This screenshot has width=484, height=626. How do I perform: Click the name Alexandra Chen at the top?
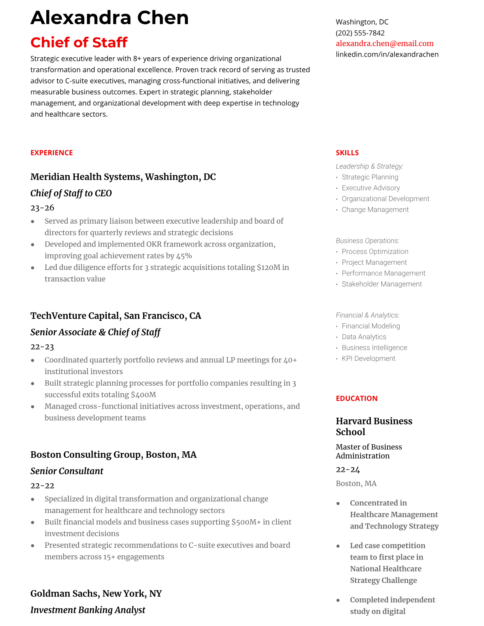point(110,18)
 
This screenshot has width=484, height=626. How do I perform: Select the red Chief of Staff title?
point(79,42)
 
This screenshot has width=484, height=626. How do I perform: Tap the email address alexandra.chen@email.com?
point(384,43)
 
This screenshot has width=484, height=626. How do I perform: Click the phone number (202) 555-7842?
point(360,33)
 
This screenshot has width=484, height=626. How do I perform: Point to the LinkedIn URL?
point(387,54)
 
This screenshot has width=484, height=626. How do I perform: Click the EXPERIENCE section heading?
point(51,153)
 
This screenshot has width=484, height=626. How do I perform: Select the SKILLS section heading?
point(347,153)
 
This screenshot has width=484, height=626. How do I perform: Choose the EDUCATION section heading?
point(356,398)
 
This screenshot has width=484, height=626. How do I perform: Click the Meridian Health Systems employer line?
point(123,177)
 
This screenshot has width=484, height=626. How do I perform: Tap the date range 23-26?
point(42,207)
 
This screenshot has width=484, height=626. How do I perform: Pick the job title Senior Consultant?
point(67,471)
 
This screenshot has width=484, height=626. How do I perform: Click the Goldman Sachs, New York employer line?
point(96,594)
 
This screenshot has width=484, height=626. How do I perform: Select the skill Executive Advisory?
point(371,188)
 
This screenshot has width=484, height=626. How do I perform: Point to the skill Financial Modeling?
point(371,326)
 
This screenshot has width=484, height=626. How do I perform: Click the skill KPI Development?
point(368,358)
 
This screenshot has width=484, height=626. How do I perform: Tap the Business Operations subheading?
point(367,241)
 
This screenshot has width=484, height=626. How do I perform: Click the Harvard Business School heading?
point(374,426)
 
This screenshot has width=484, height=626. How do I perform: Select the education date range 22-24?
point(348,469)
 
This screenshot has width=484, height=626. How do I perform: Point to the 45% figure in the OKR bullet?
point(184,256)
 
